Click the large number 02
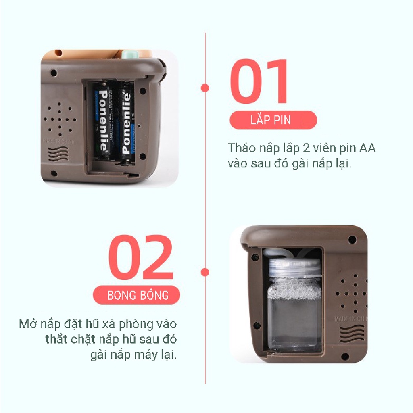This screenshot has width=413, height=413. click(141, 258)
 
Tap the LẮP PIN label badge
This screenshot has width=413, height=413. click(273, 120)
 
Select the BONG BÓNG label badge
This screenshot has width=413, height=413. click(138, 295)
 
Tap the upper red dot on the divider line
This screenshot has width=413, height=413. click(205, 87)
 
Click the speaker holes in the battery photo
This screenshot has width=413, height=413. click(60, 117)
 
